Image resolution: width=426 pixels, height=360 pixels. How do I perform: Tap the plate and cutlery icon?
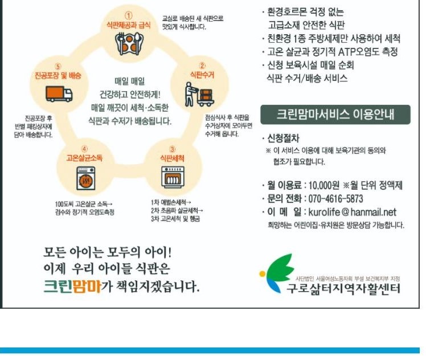(129, 44)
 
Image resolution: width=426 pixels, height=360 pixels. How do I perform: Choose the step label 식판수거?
(202, 74)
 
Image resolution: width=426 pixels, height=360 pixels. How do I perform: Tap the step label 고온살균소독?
(84, 157)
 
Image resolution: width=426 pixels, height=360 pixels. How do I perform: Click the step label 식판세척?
(172, 157)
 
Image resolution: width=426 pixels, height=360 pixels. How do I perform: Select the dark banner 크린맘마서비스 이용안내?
(335, 114)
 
